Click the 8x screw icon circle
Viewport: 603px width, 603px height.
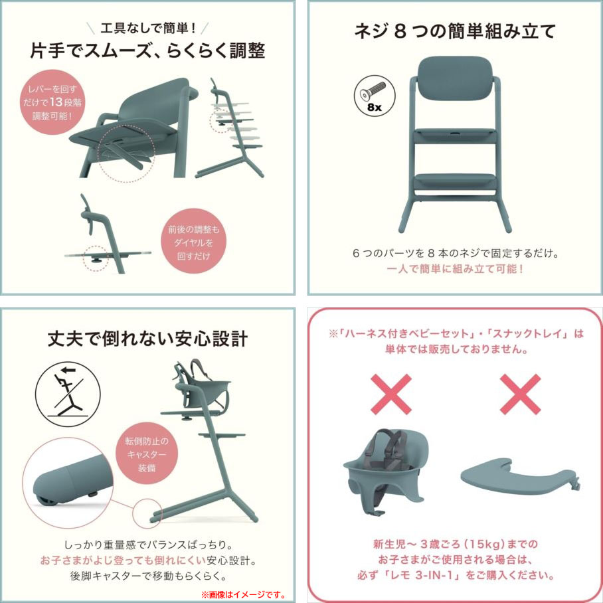(374, 96)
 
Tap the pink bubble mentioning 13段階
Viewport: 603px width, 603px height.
(52, 102)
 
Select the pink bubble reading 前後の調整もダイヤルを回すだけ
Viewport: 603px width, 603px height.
(193, 242)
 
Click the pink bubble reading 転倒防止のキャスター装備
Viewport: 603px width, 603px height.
(147, 454)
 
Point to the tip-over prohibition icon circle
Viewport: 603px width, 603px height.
(68, 394)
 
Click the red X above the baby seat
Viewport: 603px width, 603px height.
(391, 394)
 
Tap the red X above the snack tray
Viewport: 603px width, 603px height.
(520, 394)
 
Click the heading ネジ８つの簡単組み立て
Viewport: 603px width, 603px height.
(455, 31)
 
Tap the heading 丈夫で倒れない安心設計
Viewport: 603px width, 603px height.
(147, 339)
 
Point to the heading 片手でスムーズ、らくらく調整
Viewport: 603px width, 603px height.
(147, 50)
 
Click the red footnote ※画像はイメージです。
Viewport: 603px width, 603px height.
(244, 594)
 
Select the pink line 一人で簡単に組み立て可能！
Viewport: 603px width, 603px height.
(455, 269)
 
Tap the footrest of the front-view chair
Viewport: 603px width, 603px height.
(455, 181)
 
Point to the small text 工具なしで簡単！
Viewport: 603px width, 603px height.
(148, 28)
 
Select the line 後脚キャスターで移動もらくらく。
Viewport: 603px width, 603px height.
(148, 576)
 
